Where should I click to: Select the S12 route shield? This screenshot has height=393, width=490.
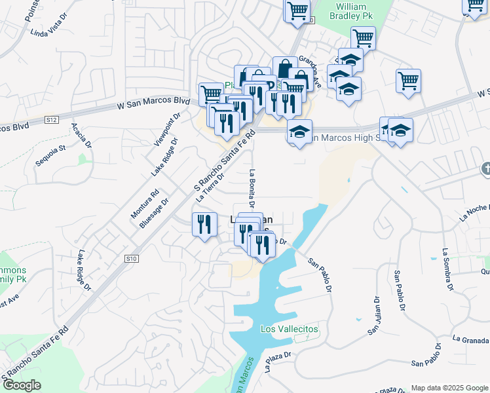(52, 120)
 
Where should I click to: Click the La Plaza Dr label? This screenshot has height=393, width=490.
(277, 362)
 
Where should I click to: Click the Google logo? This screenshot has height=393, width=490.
(21, 385)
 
